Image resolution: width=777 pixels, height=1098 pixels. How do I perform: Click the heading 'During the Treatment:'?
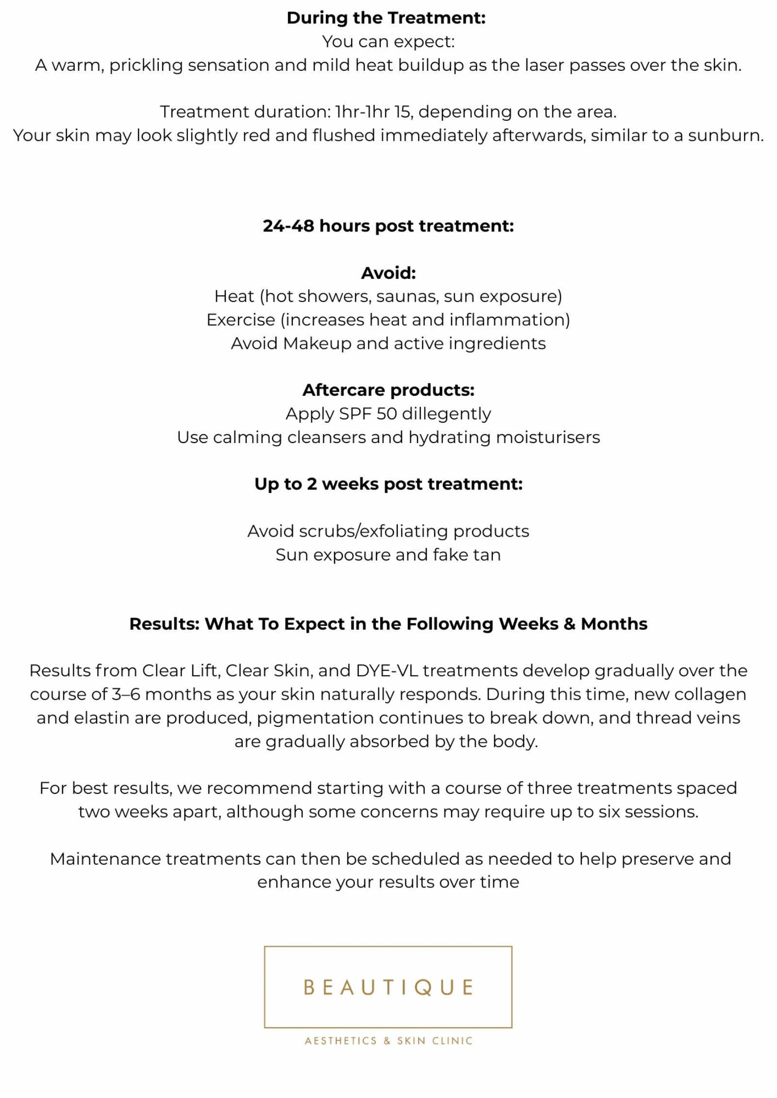pyautogui.click(x=386, y=18)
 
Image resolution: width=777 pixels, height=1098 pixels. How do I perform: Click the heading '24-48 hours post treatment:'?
pyautogui.click(x=388, y=226)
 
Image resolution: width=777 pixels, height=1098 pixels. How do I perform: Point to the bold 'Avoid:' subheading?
pyautogui.click(x=388, y=273)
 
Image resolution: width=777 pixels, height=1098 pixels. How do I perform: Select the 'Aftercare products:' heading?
pyautogui.click(x=388, y=390)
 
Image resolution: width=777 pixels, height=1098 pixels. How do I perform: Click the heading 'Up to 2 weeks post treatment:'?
pyautogui.click(x=388, y=484)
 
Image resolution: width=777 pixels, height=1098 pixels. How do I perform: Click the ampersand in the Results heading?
pyautogui.click(x=569, y=624)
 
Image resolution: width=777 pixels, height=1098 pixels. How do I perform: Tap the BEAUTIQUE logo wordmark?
pyautogui.click(x=388, y=987)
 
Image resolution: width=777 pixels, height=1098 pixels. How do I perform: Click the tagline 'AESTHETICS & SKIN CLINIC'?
pyautogui.click(x=388, y=1041)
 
